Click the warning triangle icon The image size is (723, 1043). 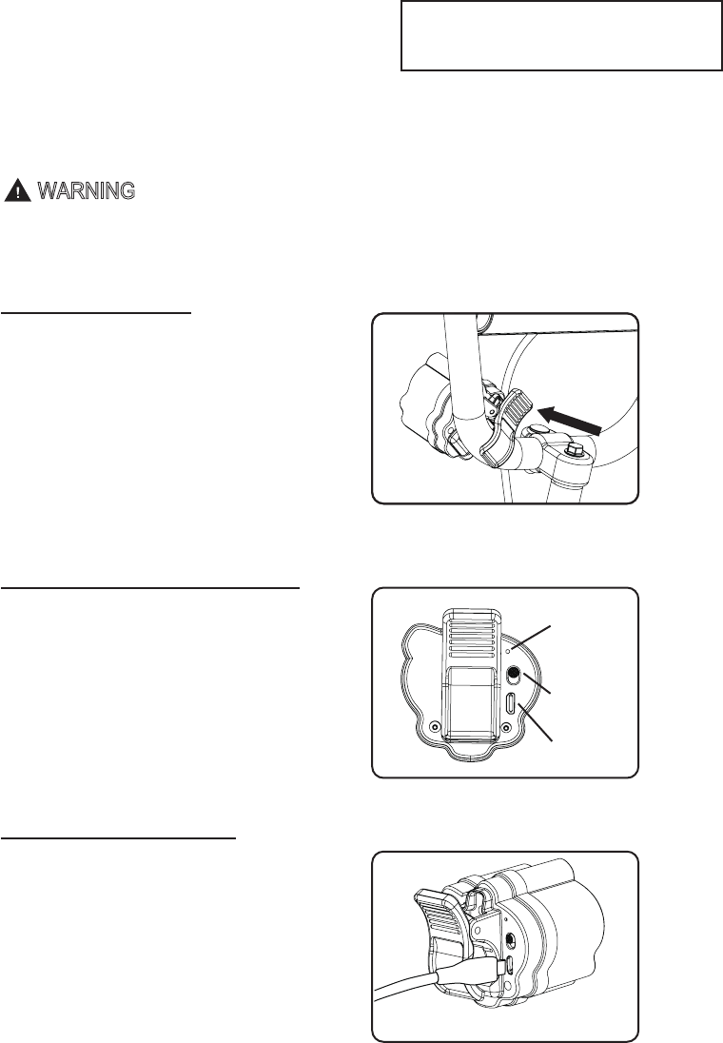[x=16, y=190]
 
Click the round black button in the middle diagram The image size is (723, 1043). [x=513, y=676]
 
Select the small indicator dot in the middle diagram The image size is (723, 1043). [x=510, y=650]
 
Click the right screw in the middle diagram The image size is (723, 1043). [x=506, y=730]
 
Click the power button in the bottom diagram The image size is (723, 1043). [x=513, y=938]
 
